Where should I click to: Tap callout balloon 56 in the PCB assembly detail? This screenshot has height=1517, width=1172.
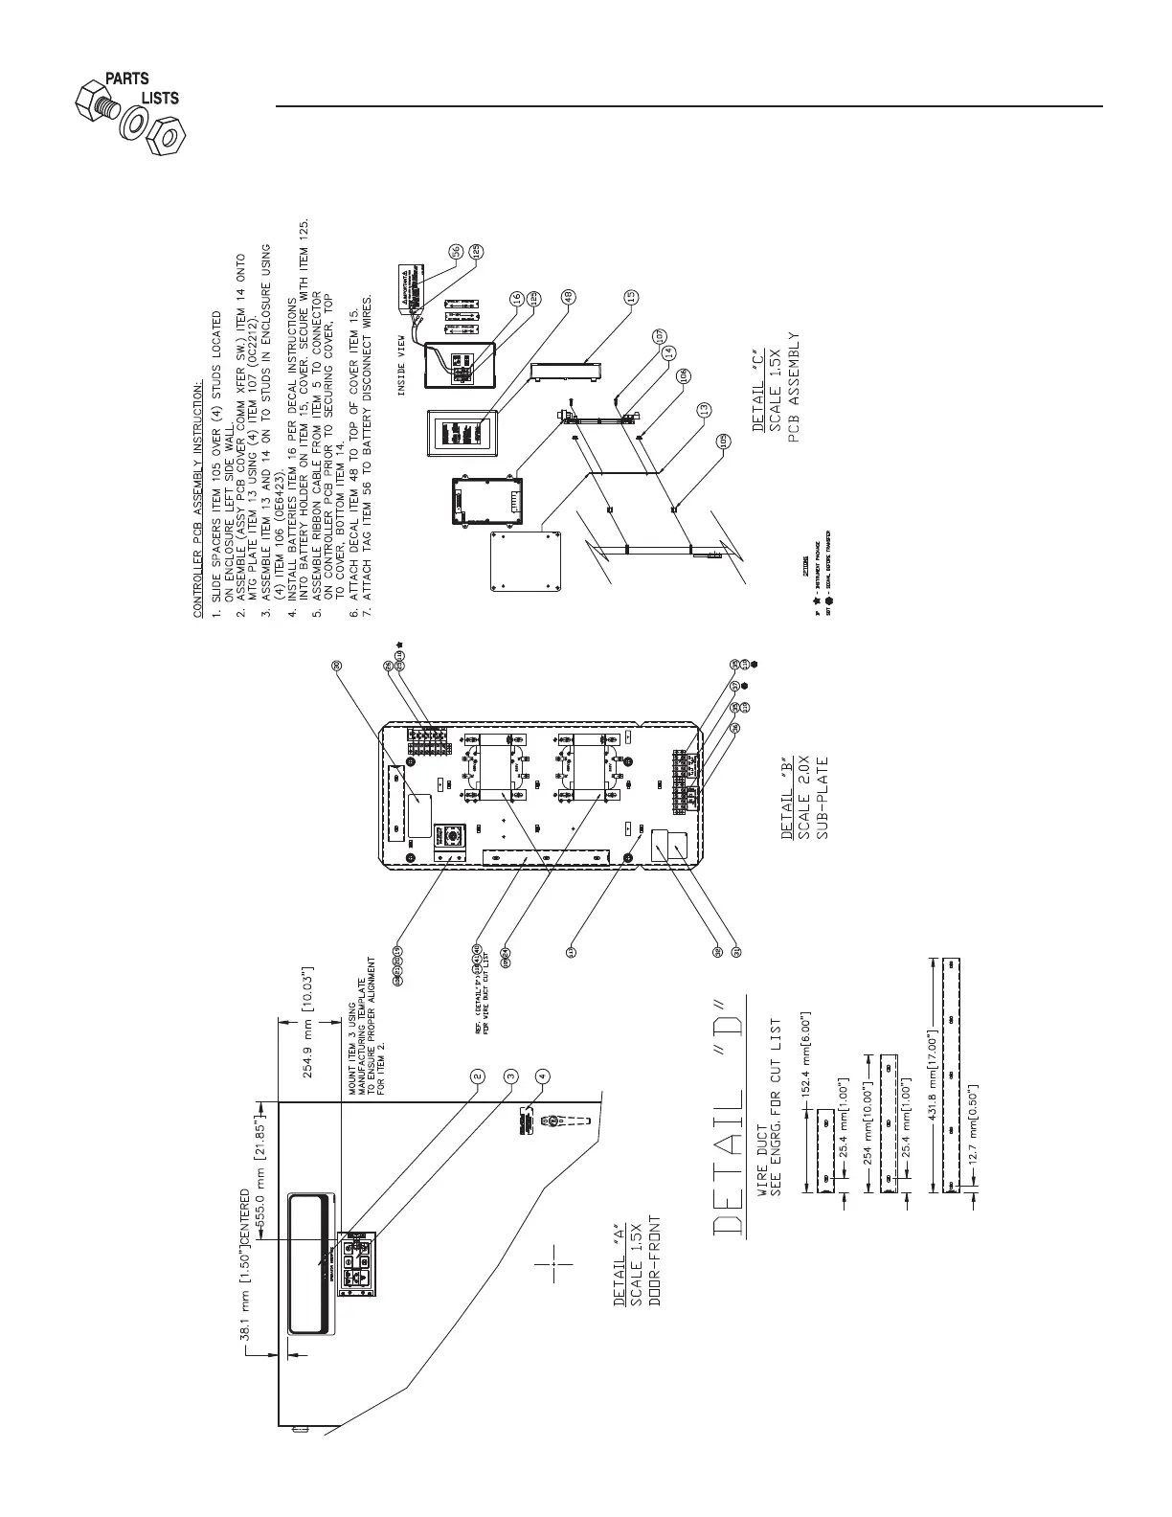pyautogui.click(x=456, y=251)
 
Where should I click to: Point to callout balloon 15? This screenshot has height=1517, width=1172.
pyautogui.click(x=630, y=296)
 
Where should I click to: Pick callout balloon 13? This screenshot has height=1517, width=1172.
pyautogui.click(x=704, y=409)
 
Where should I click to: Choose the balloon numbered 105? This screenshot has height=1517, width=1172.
pyautogui.click(x=724, y=442)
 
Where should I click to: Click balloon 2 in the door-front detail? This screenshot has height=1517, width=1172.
pyautogui.click(x=476, y=1075)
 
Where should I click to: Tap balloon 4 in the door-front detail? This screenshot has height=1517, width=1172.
pyautogui.click(x=543, y=1075)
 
